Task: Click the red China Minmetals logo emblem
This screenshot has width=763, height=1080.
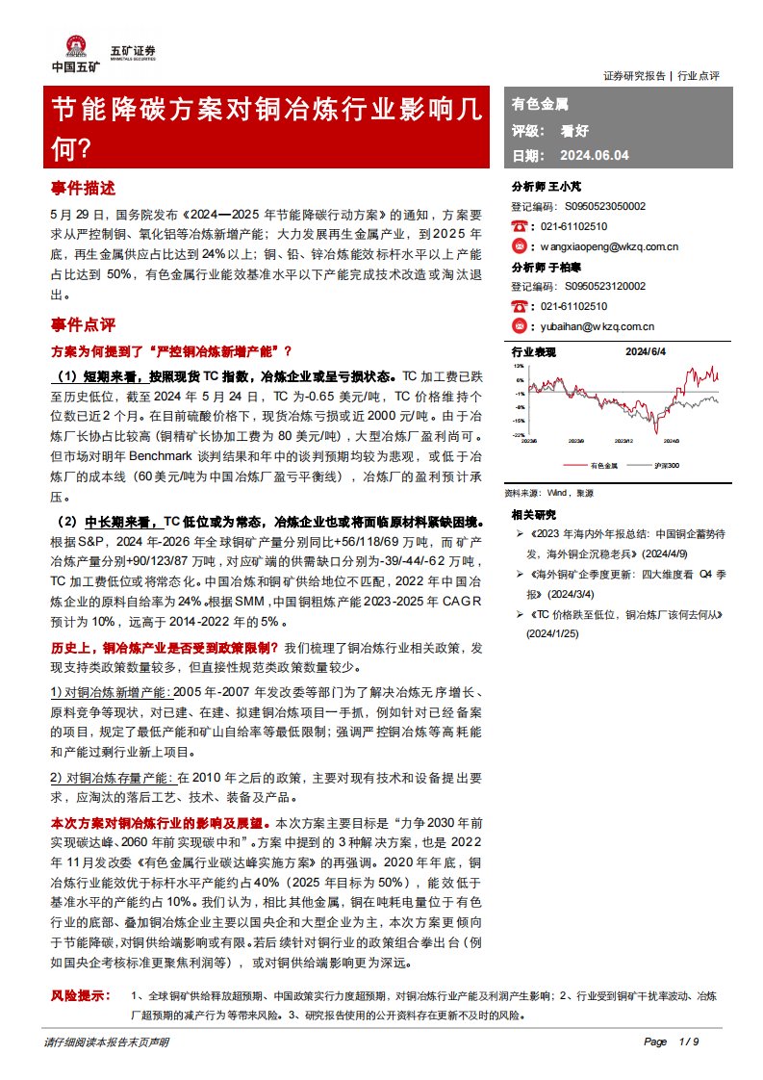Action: pyautogui.click(x=74, y=45)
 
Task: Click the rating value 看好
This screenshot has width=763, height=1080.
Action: pyautogui.click(x=575, y=129)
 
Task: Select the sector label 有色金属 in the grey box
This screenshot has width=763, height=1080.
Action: pyautogui.click(x=540, y=103)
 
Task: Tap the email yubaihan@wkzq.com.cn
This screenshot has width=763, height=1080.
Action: pyautogui.click(x=598, y=326)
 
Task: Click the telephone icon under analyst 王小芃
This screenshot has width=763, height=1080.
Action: pyautogui.click(x=520, y=226)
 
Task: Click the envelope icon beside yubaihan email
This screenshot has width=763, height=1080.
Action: pyautogui.click(x=520, y=326)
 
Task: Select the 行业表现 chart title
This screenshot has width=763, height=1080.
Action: pyautogui.click(x=534, y=351)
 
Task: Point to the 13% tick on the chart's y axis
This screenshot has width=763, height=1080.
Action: pyautogui.click(x=519, y=366)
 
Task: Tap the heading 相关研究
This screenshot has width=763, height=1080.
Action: pyautogui.click(x=534, y=514)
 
